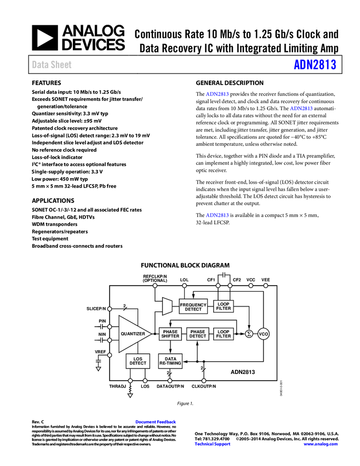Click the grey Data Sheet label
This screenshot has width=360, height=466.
click(x=52, y=65)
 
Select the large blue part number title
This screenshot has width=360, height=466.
click(x=315, y=65)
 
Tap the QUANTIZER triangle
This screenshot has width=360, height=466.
click(x=132, y=334)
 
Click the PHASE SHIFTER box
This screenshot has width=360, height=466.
click(x=170, y=334)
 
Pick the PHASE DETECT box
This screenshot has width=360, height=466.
click(x=198, y=334)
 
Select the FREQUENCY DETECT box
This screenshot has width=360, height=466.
click(x=193, y=307)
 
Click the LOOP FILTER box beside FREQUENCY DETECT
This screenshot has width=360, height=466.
click(x=224, y=307)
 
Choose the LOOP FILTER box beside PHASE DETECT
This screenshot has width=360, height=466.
click(x=224, y=334)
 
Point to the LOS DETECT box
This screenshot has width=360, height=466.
click(x=138, y=361)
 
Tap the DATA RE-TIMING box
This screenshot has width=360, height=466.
click(x=170, y=361)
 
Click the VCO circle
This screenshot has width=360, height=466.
click(x=264, y=334)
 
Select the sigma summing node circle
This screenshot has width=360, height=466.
click(x=249, y=334)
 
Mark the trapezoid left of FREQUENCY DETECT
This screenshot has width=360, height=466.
click(x=167, y=306)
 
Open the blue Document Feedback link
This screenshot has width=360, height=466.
click(x=156, y=422)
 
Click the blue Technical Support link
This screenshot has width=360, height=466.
click(x=213, y=444)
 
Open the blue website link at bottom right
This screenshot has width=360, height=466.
click(x=321, y=444)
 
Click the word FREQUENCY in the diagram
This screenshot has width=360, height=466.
click(x=193, y=305)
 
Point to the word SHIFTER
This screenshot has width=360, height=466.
click(x=170, y=336)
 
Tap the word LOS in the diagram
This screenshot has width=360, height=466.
click(x=138, y=359)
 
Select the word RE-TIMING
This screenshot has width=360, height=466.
click(x=170, y=363)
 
